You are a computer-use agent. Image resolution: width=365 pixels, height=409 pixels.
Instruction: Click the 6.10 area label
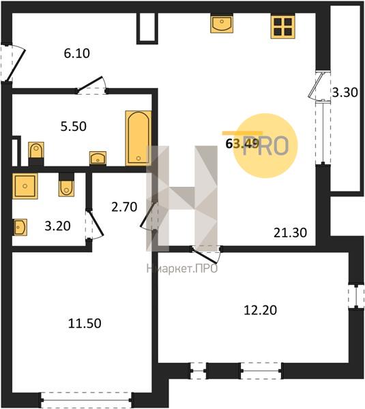77,53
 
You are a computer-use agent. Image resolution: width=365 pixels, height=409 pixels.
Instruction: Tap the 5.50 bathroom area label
74,127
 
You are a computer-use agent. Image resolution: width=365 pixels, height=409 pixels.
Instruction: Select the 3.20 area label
57,226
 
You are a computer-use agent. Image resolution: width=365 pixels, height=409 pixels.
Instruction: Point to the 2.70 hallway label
124,207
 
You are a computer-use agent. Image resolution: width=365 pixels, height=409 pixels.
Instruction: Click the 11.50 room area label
85,323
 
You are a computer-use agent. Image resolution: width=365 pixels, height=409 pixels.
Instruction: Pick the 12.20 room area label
260,310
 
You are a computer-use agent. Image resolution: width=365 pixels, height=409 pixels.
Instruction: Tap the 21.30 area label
290,232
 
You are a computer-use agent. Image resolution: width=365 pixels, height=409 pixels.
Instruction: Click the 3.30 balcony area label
345,92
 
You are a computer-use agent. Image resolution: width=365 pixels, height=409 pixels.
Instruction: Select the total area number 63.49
242,143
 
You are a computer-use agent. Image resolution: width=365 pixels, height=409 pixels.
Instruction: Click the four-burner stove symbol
282,27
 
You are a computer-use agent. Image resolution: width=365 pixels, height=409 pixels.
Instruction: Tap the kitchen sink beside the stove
222,24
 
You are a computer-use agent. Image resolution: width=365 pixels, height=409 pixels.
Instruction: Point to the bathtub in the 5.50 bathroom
138,138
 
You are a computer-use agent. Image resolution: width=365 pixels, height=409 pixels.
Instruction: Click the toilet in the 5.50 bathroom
36,153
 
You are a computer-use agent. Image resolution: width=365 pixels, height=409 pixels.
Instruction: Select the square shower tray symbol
25,186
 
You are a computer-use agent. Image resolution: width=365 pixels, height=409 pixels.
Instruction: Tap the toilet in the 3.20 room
66,185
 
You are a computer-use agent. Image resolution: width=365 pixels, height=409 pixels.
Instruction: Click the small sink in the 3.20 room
20,227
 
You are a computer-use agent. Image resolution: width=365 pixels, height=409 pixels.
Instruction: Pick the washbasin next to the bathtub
98,158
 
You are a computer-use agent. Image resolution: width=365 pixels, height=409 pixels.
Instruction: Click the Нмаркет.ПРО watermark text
182,269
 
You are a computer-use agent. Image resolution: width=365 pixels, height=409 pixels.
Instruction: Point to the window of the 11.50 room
86,399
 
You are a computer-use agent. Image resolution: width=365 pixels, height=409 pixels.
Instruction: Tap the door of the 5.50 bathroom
91,85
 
